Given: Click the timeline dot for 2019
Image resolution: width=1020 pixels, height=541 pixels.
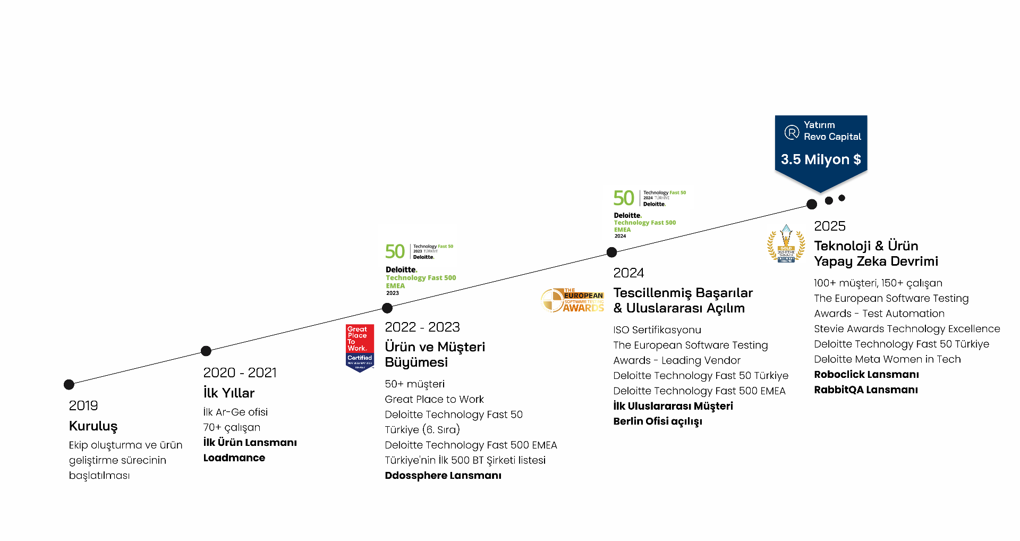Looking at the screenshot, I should tap(69, 384).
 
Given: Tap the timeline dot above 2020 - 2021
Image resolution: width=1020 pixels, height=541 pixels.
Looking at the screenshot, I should tap(206, 351).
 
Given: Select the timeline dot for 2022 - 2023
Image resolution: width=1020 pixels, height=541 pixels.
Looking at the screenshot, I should tap(387, 308).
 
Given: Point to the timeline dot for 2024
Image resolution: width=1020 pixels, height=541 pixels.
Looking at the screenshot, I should tap(612, 252).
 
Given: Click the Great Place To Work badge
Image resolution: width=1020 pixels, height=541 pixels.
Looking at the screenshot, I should tap(360, 348).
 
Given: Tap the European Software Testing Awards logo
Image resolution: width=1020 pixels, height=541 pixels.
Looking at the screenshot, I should tap(573, 300).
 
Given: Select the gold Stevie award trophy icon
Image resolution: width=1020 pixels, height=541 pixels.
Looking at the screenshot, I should tap(786, 244).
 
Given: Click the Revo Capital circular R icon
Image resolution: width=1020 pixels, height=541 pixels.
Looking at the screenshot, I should tap(792, 132).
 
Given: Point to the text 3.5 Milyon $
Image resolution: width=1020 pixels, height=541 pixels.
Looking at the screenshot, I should tap(821, 159).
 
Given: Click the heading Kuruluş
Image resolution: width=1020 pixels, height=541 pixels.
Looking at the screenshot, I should tap(93, 426).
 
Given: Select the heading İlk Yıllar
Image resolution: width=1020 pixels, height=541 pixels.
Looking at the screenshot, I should tap(229, 393).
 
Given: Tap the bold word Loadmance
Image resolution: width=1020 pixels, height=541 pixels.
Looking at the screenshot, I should tap(234, 458).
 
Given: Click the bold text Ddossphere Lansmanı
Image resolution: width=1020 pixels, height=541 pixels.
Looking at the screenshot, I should tap(443, 476).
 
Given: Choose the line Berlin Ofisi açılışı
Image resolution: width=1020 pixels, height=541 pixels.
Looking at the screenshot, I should tap(658, 421).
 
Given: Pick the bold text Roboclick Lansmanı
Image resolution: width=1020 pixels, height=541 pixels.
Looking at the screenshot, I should tap(866, 375).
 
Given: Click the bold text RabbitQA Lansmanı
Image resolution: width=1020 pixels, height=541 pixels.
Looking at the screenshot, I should tap(866, 390).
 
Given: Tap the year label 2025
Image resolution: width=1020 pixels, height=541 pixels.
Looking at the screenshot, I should tap(830, 226).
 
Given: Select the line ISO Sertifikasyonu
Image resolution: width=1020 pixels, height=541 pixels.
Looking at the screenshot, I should tap(657, 330).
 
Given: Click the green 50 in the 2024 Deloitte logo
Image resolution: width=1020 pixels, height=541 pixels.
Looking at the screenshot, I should tap(624, 198).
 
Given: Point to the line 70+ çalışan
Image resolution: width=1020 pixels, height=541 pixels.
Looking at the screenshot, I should tap(232, 428).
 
